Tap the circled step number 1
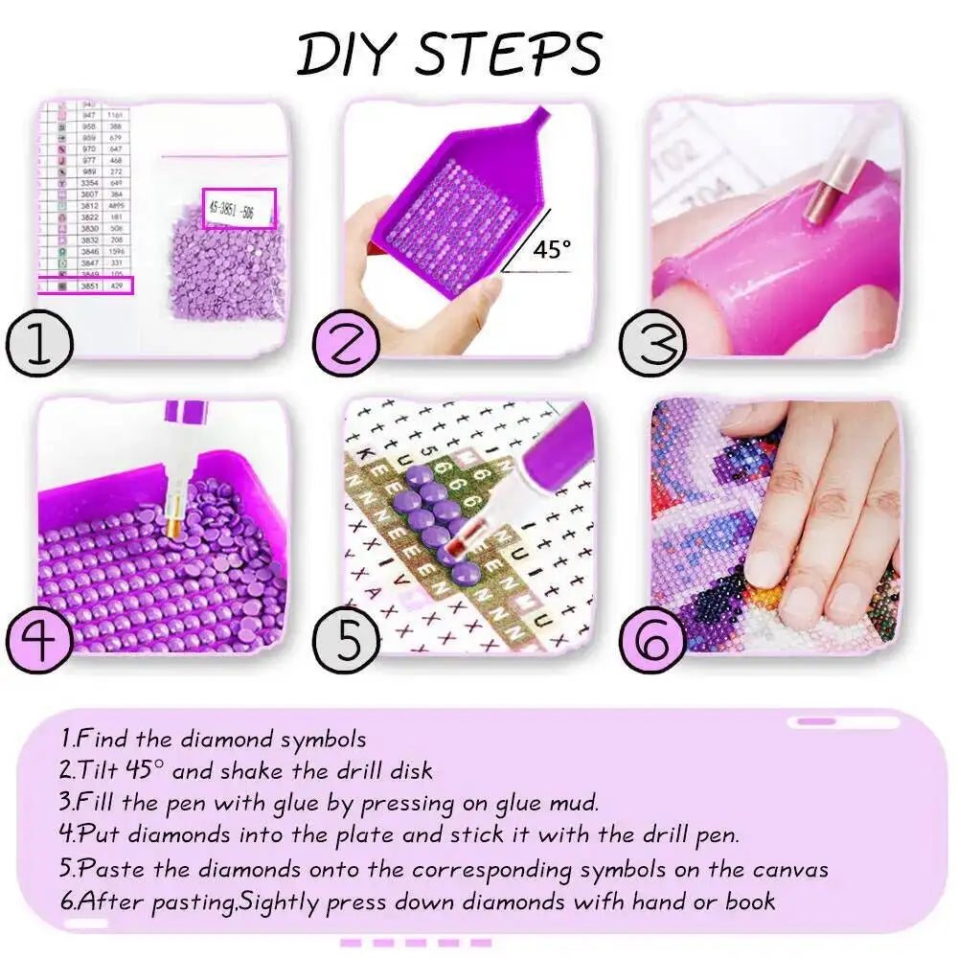tap(37, 343)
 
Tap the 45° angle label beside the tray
tap(552, 250)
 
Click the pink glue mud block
tap(766, 268)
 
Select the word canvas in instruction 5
tap(788, 869)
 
